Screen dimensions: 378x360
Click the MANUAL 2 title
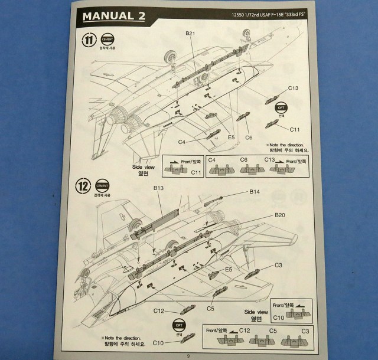[x=112, y=15]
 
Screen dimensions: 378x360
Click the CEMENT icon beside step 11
[x=107, y=38]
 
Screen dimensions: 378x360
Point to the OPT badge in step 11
[x=282, y=108]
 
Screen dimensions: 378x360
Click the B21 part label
[x=189, y=34]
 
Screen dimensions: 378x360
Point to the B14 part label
[x=255, y=192]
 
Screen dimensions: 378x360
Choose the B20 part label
[x=280, y=215]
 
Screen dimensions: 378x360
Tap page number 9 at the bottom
[x=187, y=355]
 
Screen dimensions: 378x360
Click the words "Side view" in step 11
[x=144, y=168]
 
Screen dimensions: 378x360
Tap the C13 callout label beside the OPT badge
[x=294, y=89]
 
